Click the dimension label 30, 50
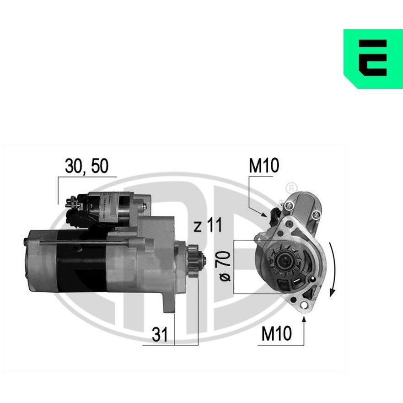pyautogui.click(x=86, y=166)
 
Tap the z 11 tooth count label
pyautogui.click(x=207, y=225)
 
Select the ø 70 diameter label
pyautogui.click(x=225, y=266)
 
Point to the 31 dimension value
pyautogui.click(x=160, y=334)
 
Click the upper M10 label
pyautogui.click(x=263, y=166)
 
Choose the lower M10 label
pyautogui.click(x=277, y=333)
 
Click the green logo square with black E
pyautogui.click(x=373, y=59)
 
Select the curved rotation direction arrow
pyautogui.click(x=333, y=270)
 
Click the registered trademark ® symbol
pyautogui.click(x=292, y=188)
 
